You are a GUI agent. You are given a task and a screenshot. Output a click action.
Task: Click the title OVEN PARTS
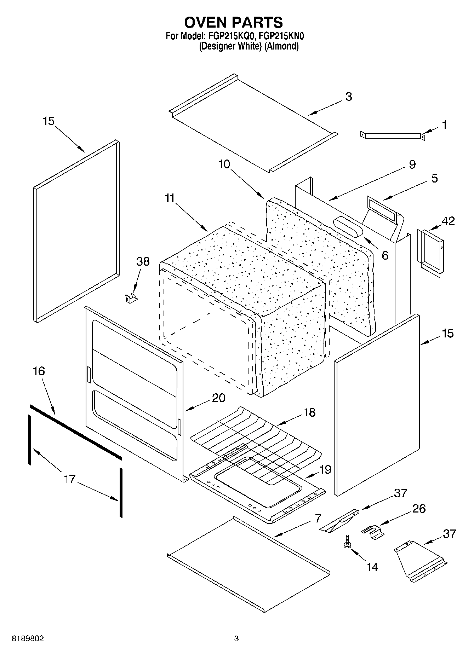point(233,22)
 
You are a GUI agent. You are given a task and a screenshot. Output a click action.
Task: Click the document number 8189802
point(28,638)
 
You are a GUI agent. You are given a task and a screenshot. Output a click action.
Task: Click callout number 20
point(218,398)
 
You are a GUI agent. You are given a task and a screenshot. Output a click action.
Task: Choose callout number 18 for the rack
point(309,412)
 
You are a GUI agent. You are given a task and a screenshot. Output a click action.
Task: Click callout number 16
point(39,371)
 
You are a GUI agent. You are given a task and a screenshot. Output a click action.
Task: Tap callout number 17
point(70,479)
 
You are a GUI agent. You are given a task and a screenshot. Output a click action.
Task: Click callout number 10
point(224,164)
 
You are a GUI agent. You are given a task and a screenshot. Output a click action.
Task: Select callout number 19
point(325,470)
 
